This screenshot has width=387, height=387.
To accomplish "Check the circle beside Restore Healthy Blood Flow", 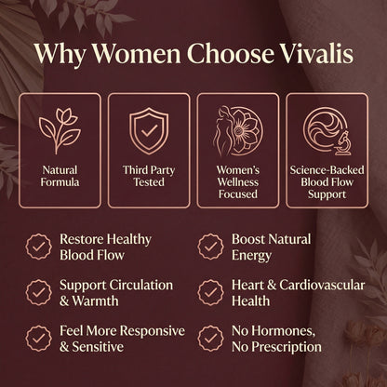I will click(x=38, y=247).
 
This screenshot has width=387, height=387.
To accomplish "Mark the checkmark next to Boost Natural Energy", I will click(x=211, y=247).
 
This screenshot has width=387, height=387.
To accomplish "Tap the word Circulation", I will click(x=139, y=283).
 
